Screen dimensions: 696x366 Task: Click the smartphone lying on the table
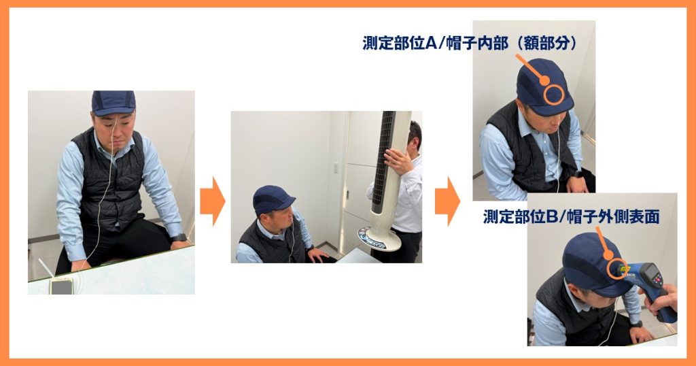click(x=62, y=286)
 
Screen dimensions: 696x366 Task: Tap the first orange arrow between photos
click(x=213, y=201)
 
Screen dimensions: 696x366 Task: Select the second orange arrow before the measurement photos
click(x=447, y=201)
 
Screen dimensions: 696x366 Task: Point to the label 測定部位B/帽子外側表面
click(x=571, y=217)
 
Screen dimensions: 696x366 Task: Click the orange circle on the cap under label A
click(x=554, y=95)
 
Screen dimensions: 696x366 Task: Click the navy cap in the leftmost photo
click(x=114, y=103)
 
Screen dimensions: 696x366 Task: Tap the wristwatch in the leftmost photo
click(x=179, y=237)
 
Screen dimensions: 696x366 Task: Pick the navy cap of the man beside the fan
click(x=272, y=201)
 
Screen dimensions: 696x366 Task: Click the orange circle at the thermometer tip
click(x=617, y=269)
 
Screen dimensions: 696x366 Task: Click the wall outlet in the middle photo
click(x=336, y=168)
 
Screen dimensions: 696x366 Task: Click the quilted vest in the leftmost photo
click(x=108, y=180)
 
